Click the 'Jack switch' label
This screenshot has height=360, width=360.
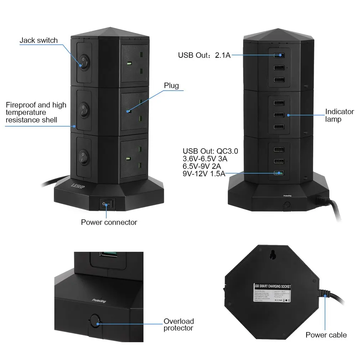(x=38, y=40)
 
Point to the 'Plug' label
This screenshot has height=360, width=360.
(x=171, y=86)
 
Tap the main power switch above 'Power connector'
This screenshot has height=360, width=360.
(x=107, y=205)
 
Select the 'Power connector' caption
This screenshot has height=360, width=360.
(x=109, y=222)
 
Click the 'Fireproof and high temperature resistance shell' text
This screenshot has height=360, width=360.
(x=36, y=112)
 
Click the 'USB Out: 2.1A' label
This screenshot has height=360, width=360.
(x=204, y=55)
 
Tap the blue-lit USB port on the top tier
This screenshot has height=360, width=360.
(x=279, y=55)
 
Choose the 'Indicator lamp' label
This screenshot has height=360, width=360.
(x=339, y=115)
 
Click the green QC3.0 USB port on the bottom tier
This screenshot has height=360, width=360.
(x=279, y=173)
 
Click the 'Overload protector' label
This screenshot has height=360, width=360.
(x=179, y=324)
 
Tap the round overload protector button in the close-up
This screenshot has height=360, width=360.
(x=94, y=320)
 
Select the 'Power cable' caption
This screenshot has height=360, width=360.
(x=326, y=335)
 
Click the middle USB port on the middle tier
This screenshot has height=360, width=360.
(x=279, y=115)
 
